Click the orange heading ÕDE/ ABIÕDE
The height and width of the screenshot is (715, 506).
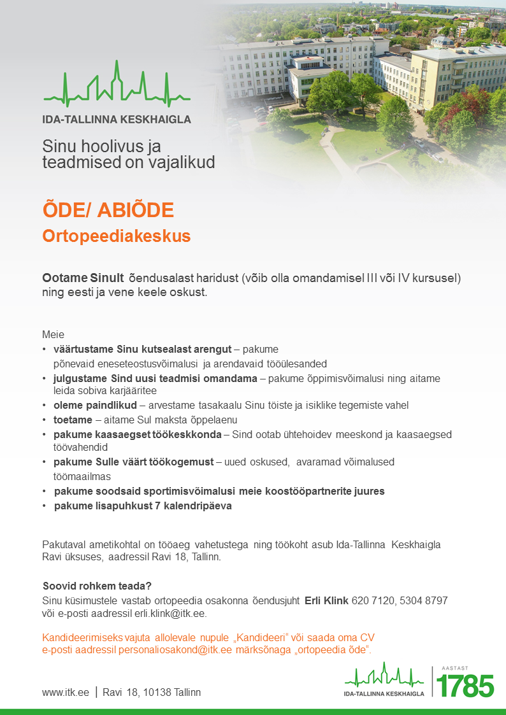(x=108, y=210)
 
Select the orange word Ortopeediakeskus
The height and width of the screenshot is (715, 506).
(x=117, y=236)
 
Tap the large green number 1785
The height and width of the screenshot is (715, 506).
(x=465, y=686)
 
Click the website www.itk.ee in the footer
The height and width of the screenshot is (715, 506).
(x=66, y=692)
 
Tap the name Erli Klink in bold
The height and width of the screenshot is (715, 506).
(x=326, y=600)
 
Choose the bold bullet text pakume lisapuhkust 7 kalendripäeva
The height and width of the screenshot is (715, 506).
(x=143, y=506)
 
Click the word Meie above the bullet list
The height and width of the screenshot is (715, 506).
(x=53, y=334)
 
